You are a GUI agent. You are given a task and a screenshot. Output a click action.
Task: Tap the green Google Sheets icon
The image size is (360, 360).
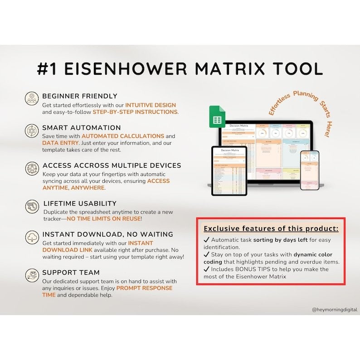tap(217, 117)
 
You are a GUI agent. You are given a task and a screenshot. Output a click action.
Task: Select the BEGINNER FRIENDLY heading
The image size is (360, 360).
tap(80, 96)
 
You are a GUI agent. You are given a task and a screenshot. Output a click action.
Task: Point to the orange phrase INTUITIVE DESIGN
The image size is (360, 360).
tap(151, 105)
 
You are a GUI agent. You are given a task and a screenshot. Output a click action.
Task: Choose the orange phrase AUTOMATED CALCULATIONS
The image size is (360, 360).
tap(122, 136)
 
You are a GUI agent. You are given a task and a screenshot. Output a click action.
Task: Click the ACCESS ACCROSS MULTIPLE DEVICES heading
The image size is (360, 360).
tap(112, 165)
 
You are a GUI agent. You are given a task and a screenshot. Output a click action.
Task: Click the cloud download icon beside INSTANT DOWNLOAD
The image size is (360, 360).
tap(32, 237)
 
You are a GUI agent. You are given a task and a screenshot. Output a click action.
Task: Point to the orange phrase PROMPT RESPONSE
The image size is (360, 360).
tap(144, 288)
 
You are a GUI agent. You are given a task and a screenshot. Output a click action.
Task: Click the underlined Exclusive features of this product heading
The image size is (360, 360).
tap(271, 228)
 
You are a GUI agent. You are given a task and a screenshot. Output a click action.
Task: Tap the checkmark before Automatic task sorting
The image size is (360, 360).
tap(206, 240)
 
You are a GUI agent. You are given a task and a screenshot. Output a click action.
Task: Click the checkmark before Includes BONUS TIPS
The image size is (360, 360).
tap(206, 269)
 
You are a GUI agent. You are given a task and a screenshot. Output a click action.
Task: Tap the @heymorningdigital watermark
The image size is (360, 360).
tap(335, 310)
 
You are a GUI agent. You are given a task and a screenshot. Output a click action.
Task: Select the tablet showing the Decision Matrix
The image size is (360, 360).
tap(229, 170)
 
